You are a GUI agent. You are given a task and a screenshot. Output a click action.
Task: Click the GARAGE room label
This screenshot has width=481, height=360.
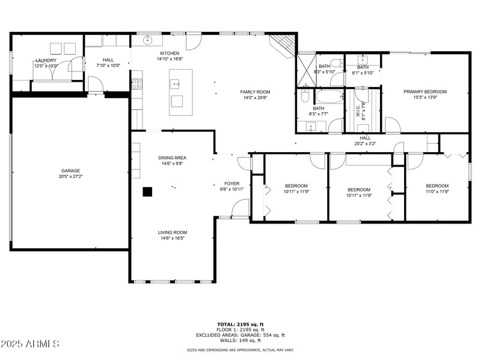pyautogui.click(x=70, y=171)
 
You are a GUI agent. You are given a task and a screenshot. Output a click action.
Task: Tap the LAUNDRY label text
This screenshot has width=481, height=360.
pyautogui.click(x=46, y=60)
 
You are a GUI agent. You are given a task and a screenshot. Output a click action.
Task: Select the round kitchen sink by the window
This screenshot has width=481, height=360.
pyautogui.click(x=147, y=41)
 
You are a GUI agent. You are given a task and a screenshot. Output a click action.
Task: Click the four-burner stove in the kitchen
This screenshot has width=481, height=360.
pyautogui.click(x=136, y=84)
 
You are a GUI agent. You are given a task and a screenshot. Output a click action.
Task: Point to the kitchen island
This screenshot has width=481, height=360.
pyautogui.click(x=180, y=92)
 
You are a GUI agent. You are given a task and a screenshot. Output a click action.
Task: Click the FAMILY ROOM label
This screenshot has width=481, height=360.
pyautogui.click(x=255, y=92)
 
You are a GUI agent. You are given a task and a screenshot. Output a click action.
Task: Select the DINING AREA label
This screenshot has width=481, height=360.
pyautogui.click(x=172, y=157)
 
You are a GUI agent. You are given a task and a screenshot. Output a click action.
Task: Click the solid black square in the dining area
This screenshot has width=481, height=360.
pyautogui.click(x=147, y=192)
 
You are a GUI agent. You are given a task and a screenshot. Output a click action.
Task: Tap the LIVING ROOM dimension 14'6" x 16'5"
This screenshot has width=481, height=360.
pyautogui.click(x=172, y=238)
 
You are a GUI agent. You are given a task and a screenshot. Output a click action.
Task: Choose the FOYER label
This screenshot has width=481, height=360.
pyautogui.click(x=232, y=183)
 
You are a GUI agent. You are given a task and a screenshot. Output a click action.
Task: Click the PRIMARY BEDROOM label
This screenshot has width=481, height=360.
pyautogui.click(x=425, y=91)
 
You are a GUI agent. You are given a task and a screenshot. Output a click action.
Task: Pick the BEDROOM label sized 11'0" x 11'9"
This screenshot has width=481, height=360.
pyautogui.click(x=437, y=186)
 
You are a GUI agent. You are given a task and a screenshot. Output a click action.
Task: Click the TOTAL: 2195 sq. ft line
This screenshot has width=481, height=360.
pyautogui.click(x=240, y=325)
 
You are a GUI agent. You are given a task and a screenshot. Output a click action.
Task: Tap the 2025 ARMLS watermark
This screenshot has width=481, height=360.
pyautogui.click(x=30, y=344)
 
